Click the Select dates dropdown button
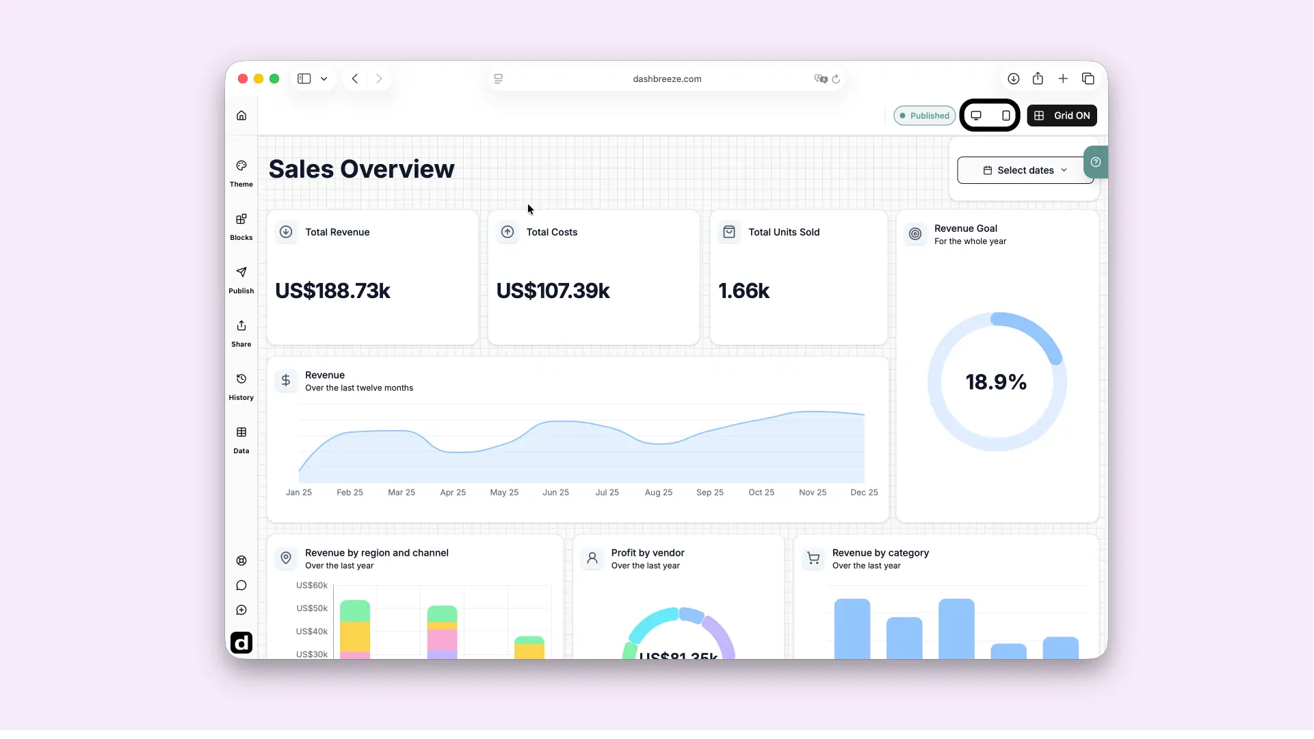[1025, 170]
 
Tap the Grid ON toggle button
[1062, 116]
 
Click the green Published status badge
[925, 116]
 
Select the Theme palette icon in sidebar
[241, 165]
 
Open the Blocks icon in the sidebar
[241, 219]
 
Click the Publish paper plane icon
[241, 272]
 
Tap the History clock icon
[241, 379]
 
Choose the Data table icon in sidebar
[241, 432]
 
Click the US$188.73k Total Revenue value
[332, 291]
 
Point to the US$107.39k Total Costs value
[553, 291]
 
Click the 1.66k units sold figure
[744, 291]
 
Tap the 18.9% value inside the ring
[996, 382]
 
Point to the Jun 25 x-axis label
[555, 492]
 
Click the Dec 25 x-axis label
[864, 492]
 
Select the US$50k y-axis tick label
[312, 608]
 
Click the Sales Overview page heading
[361, 169]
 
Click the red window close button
[243, 79]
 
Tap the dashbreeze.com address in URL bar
[667, 79]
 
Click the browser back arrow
[355, 79]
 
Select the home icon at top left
[241, 116]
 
